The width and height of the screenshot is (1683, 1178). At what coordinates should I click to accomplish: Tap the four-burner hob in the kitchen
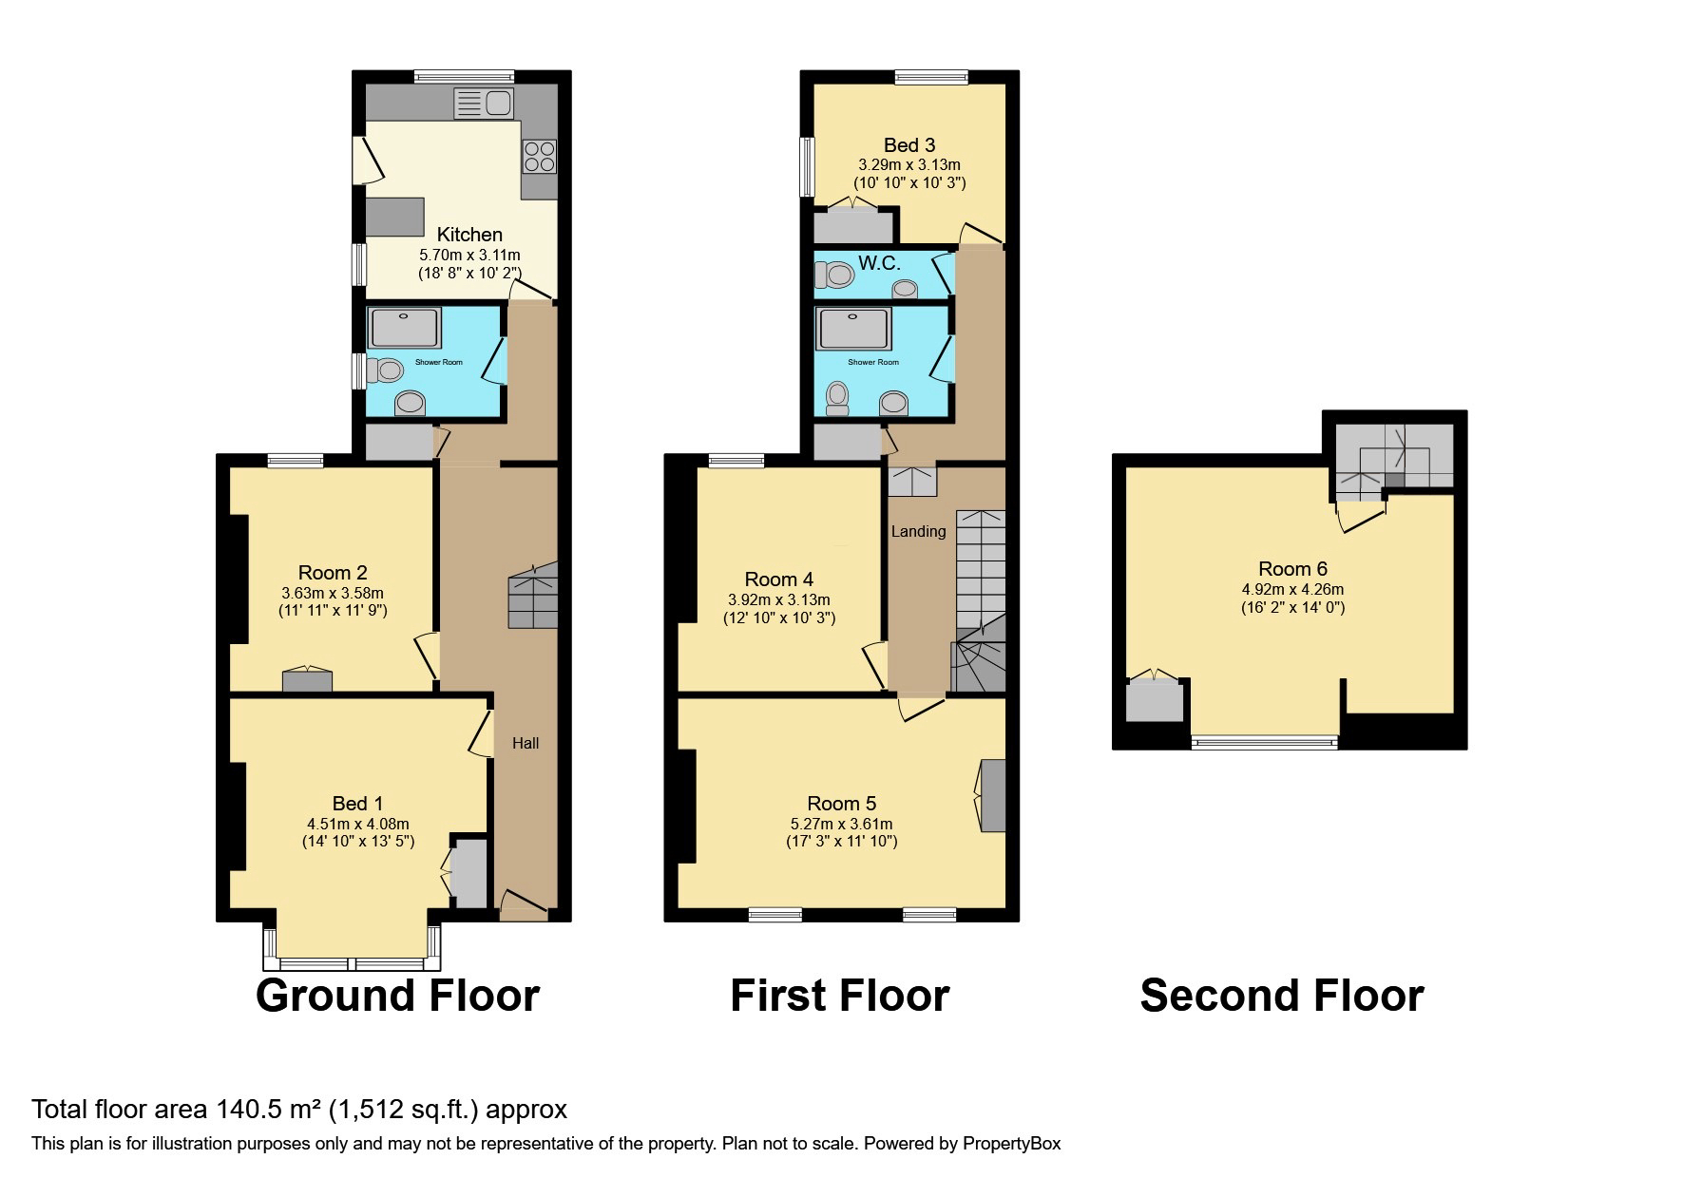[x=539, y=157]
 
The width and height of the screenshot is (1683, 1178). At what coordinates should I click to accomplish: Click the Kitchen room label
[x=469, y=235]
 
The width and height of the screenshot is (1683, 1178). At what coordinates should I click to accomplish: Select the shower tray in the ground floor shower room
[x=406, y=328]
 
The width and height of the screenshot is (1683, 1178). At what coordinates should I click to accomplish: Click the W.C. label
[x=879, y=263]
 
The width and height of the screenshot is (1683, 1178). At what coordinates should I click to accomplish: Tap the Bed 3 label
[x=909, y=145]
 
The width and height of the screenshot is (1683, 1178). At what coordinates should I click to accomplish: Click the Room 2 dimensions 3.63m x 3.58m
[x=333, y=593]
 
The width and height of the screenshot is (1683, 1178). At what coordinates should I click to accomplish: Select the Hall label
[x=526, y=743]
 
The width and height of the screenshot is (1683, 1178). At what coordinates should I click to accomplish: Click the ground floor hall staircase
[x=533, y=596]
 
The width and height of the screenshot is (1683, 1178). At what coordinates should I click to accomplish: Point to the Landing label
[x=918, y=531]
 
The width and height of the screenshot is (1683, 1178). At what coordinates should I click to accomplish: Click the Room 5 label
[x=841, y=805]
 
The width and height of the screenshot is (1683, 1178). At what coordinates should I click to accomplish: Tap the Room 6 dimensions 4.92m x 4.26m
[x=1292, y=589]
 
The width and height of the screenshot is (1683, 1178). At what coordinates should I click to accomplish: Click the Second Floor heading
[x=1281, y=996]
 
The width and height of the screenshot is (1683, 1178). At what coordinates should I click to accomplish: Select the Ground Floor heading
[x=397, y=996]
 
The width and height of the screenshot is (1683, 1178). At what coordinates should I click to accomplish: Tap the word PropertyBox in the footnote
[x=1011, y=1144]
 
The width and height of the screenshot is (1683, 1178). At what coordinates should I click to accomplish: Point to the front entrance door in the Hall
[x=524, y=905]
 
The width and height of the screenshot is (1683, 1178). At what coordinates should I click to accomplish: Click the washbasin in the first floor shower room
[x=893, y=404]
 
